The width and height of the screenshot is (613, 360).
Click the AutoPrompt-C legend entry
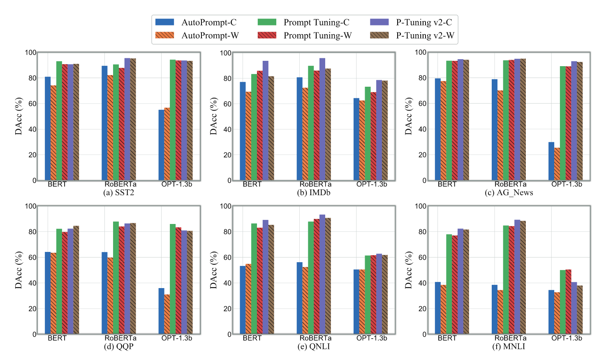195,23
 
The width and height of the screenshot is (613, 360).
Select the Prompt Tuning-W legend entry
305,36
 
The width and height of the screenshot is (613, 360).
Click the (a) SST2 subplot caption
119,193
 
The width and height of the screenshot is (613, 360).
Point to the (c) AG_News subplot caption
509,193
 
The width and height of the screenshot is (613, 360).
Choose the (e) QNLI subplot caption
314,346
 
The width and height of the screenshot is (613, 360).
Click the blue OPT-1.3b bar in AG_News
551,161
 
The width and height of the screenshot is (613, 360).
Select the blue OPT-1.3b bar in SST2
161,145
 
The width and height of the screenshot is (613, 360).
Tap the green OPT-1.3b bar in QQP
173,279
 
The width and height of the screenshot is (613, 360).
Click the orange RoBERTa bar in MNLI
500,312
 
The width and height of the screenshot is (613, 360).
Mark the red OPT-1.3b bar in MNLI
568,302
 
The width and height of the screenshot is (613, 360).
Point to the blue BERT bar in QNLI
243,300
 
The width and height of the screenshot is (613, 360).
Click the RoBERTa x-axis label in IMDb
315,185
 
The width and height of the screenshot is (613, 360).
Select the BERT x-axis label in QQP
57,338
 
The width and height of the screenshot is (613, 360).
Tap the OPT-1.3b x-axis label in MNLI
567,338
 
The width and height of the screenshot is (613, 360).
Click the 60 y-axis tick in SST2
32,104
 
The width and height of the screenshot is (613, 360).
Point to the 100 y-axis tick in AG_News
420,53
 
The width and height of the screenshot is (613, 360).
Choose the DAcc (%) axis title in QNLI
213,270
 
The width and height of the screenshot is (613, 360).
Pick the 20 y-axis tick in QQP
32,309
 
